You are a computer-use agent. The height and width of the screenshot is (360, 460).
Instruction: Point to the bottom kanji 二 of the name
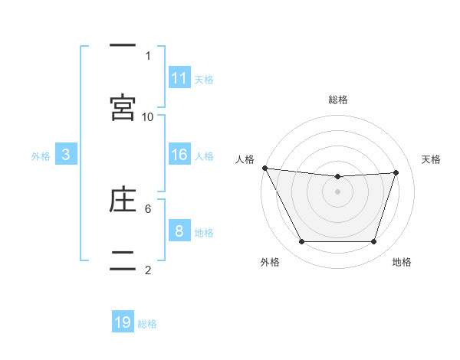123,260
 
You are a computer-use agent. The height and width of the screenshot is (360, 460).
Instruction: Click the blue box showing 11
179,77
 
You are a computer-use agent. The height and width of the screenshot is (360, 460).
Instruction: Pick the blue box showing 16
179,155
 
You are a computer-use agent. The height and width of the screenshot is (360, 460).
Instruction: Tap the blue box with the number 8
179,231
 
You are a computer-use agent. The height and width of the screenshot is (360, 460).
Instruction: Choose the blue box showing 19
123,322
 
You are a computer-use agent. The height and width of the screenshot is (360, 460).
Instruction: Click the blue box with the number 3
66,155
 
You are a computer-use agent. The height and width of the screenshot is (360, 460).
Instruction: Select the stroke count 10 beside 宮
148,116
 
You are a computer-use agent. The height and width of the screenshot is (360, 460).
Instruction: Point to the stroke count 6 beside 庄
148,208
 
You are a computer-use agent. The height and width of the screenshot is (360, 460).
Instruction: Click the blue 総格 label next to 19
147,324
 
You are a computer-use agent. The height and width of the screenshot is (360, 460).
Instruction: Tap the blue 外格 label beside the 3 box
41,156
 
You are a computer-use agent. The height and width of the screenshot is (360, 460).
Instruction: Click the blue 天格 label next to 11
204,79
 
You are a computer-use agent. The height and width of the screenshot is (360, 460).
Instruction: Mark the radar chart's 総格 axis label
338,100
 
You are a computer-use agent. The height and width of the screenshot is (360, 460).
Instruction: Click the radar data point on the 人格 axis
264,168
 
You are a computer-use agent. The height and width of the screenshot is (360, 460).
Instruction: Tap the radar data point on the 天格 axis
396,172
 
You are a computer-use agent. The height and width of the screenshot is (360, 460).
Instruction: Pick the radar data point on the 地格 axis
374,242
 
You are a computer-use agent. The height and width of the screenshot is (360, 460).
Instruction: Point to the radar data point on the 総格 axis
338,177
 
